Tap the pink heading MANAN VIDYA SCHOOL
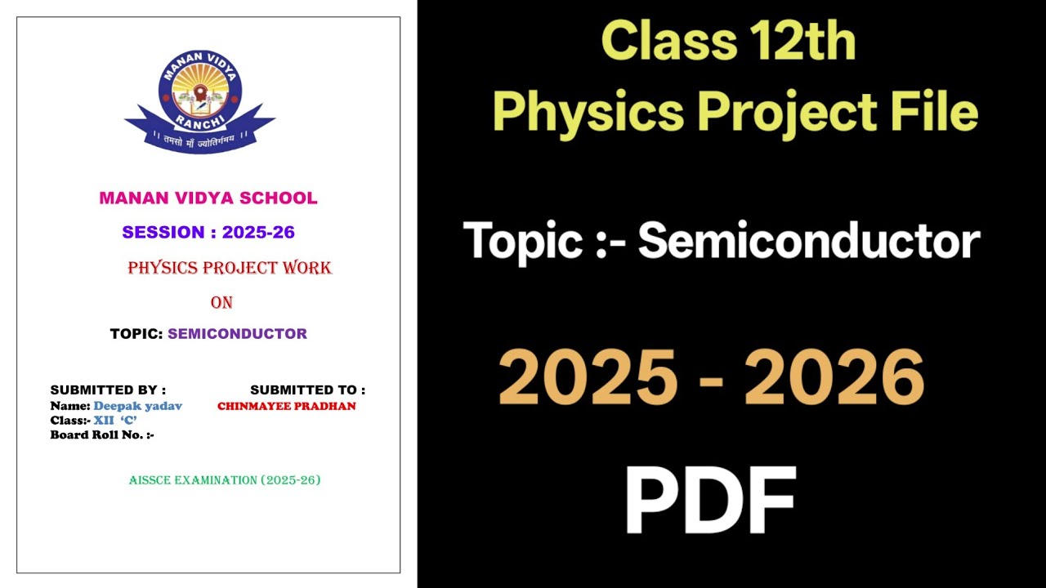208,198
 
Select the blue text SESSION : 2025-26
208,232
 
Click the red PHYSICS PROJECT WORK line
230,268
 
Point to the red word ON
221,302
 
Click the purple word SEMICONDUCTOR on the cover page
237,333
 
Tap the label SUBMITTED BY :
108,390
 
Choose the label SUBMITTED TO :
307,390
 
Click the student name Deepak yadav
137,406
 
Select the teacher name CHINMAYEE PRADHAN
286,406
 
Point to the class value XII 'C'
114,420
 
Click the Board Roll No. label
102,434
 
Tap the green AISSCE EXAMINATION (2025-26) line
225,480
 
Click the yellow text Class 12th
728,42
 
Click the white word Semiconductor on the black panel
808,242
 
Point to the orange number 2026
834,378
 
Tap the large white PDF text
709,501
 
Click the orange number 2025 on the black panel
588,378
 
